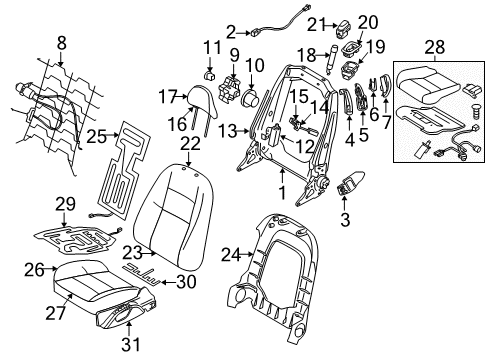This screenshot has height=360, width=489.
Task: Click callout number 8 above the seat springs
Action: (63, 43)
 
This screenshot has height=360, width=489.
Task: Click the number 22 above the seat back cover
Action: (190, 146)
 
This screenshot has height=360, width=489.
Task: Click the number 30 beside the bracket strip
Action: (184, 282)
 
